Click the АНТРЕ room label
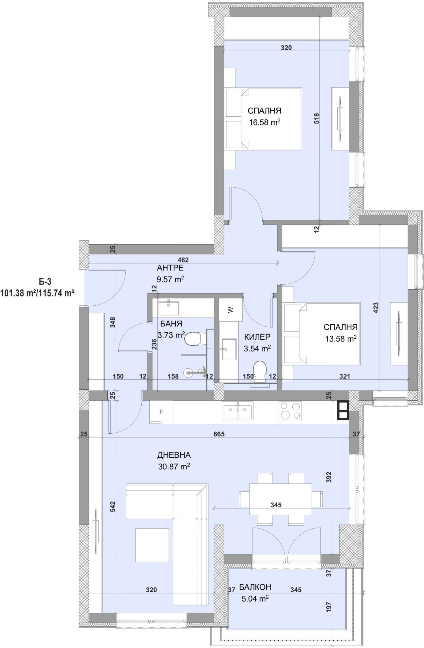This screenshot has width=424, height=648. [x=170, y=268]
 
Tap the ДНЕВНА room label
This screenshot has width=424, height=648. [x=174, y=455]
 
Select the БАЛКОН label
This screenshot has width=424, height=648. [x=255, y=587]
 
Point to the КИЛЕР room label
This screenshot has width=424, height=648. [x=257, y=337]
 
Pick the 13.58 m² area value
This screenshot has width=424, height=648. [x=340, y=338]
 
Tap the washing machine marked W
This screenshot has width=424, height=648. [x=230, y=310]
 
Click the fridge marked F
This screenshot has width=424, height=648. [x=161, y=412]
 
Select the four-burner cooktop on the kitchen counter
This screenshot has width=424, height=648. [x=290, y=411]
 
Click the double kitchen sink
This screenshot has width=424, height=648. [x=237, y=411]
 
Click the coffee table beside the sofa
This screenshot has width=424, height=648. [x=152, y=545]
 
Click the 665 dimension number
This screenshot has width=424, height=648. [x=219, y=434]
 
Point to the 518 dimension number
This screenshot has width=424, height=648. [x=316, y=119]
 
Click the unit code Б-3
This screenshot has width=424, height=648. [x=45, y=281]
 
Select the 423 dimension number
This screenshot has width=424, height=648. [x=376, y=308]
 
